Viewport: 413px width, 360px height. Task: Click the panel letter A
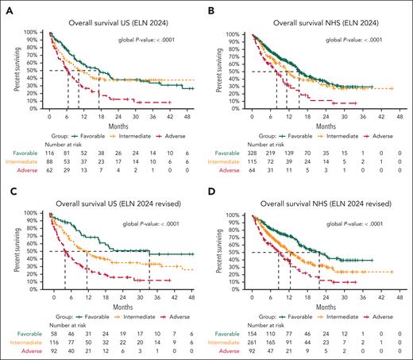6,6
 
